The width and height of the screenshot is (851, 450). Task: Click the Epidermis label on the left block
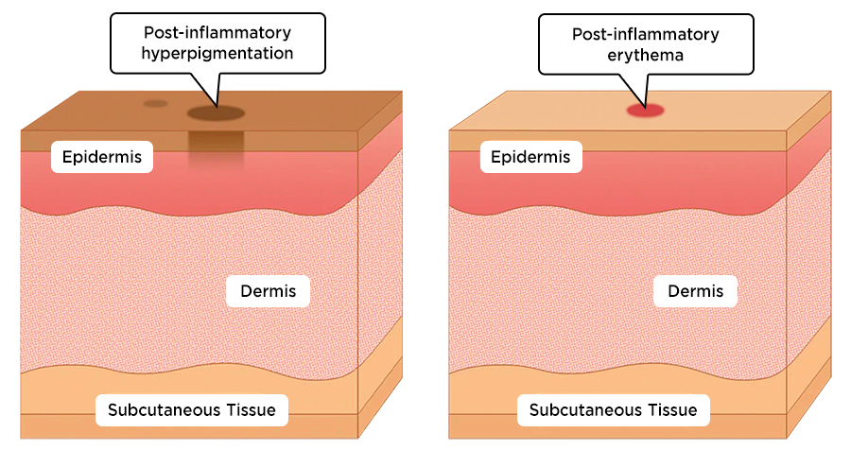[102, 157]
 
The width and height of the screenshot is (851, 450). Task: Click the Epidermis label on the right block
[530, 157]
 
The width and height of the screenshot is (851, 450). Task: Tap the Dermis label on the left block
[268, 291]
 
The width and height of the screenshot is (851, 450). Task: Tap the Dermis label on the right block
[695, 291]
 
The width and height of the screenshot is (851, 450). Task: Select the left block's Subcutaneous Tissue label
[192, 410]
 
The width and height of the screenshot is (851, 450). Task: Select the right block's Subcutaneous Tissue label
[613, 410]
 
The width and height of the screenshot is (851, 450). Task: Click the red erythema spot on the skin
[646, 111]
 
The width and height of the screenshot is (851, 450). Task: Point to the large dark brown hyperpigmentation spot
[216, 114]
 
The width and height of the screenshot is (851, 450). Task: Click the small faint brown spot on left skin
[155, 104]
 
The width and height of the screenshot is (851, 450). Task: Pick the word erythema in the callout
[645, 54]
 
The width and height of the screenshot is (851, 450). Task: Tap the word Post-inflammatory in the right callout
[645, 34]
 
